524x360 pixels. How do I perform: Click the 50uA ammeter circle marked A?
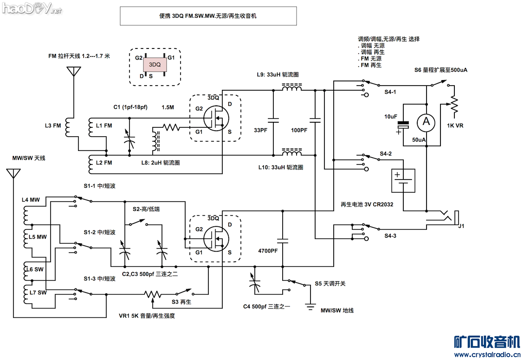coord(426,122)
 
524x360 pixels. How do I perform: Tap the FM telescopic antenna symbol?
coord(74,72)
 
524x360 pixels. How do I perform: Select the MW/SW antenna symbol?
coord(14,173)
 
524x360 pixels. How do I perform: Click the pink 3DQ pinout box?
coord(155,65)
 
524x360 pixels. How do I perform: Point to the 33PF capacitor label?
coord(260,130)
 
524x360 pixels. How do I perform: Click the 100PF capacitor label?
coord(299,130)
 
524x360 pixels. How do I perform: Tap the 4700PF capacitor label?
coord(267,251)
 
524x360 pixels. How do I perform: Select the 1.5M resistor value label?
coord(167,107)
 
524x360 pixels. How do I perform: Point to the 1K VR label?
coord(455,126)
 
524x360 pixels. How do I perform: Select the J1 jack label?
coord(461,226)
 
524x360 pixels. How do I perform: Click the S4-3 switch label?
coord(390,236)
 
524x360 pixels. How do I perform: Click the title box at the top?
coord(208,16)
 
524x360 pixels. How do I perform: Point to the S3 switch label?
coord(181,302)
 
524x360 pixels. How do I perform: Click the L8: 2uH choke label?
coord(160,163)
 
